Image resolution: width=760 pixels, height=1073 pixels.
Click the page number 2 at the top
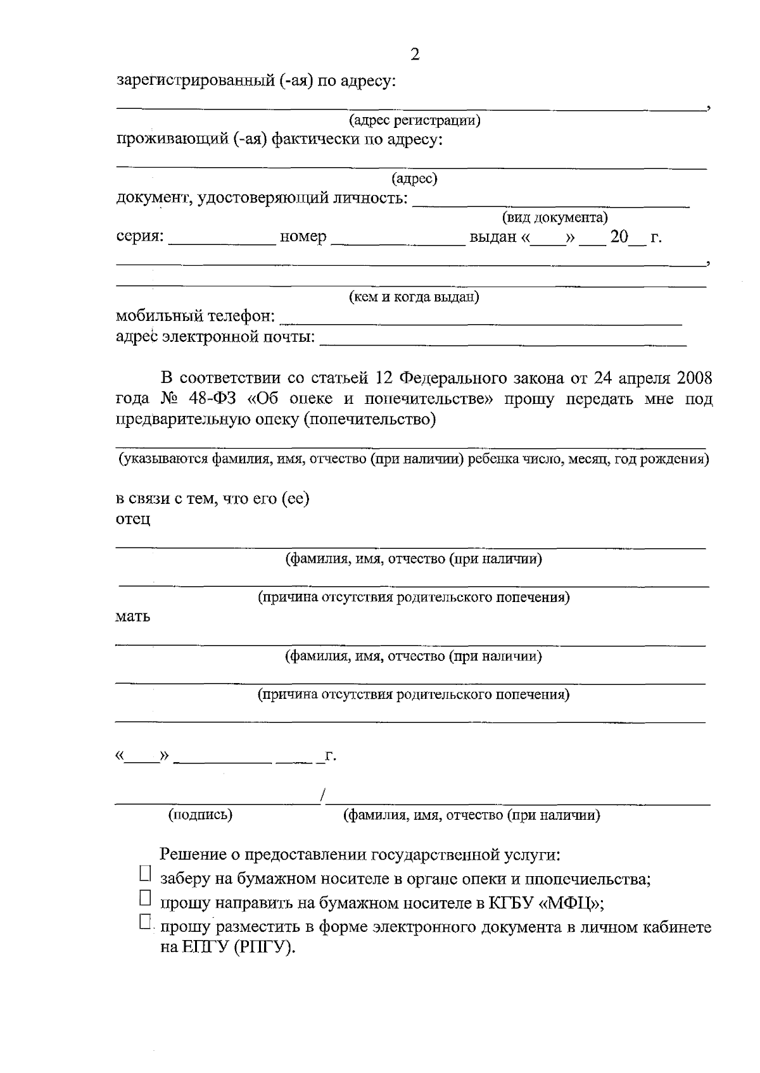point(415,54)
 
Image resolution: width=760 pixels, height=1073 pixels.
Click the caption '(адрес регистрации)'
point(415,120)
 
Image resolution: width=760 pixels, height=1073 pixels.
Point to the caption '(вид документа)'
point(555,218)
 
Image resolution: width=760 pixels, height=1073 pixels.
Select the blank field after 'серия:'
point(222,241)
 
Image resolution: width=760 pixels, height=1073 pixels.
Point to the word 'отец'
point(133,520)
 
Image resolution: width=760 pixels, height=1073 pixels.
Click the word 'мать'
point(133,617)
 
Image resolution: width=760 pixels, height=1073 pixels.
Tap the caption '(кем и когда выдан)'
point(415,297)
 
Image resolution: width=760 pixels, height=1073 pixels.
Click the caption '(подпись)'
point(200,815)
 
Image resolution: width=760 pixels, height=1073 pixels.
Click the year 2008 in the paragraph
point(694,379)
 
